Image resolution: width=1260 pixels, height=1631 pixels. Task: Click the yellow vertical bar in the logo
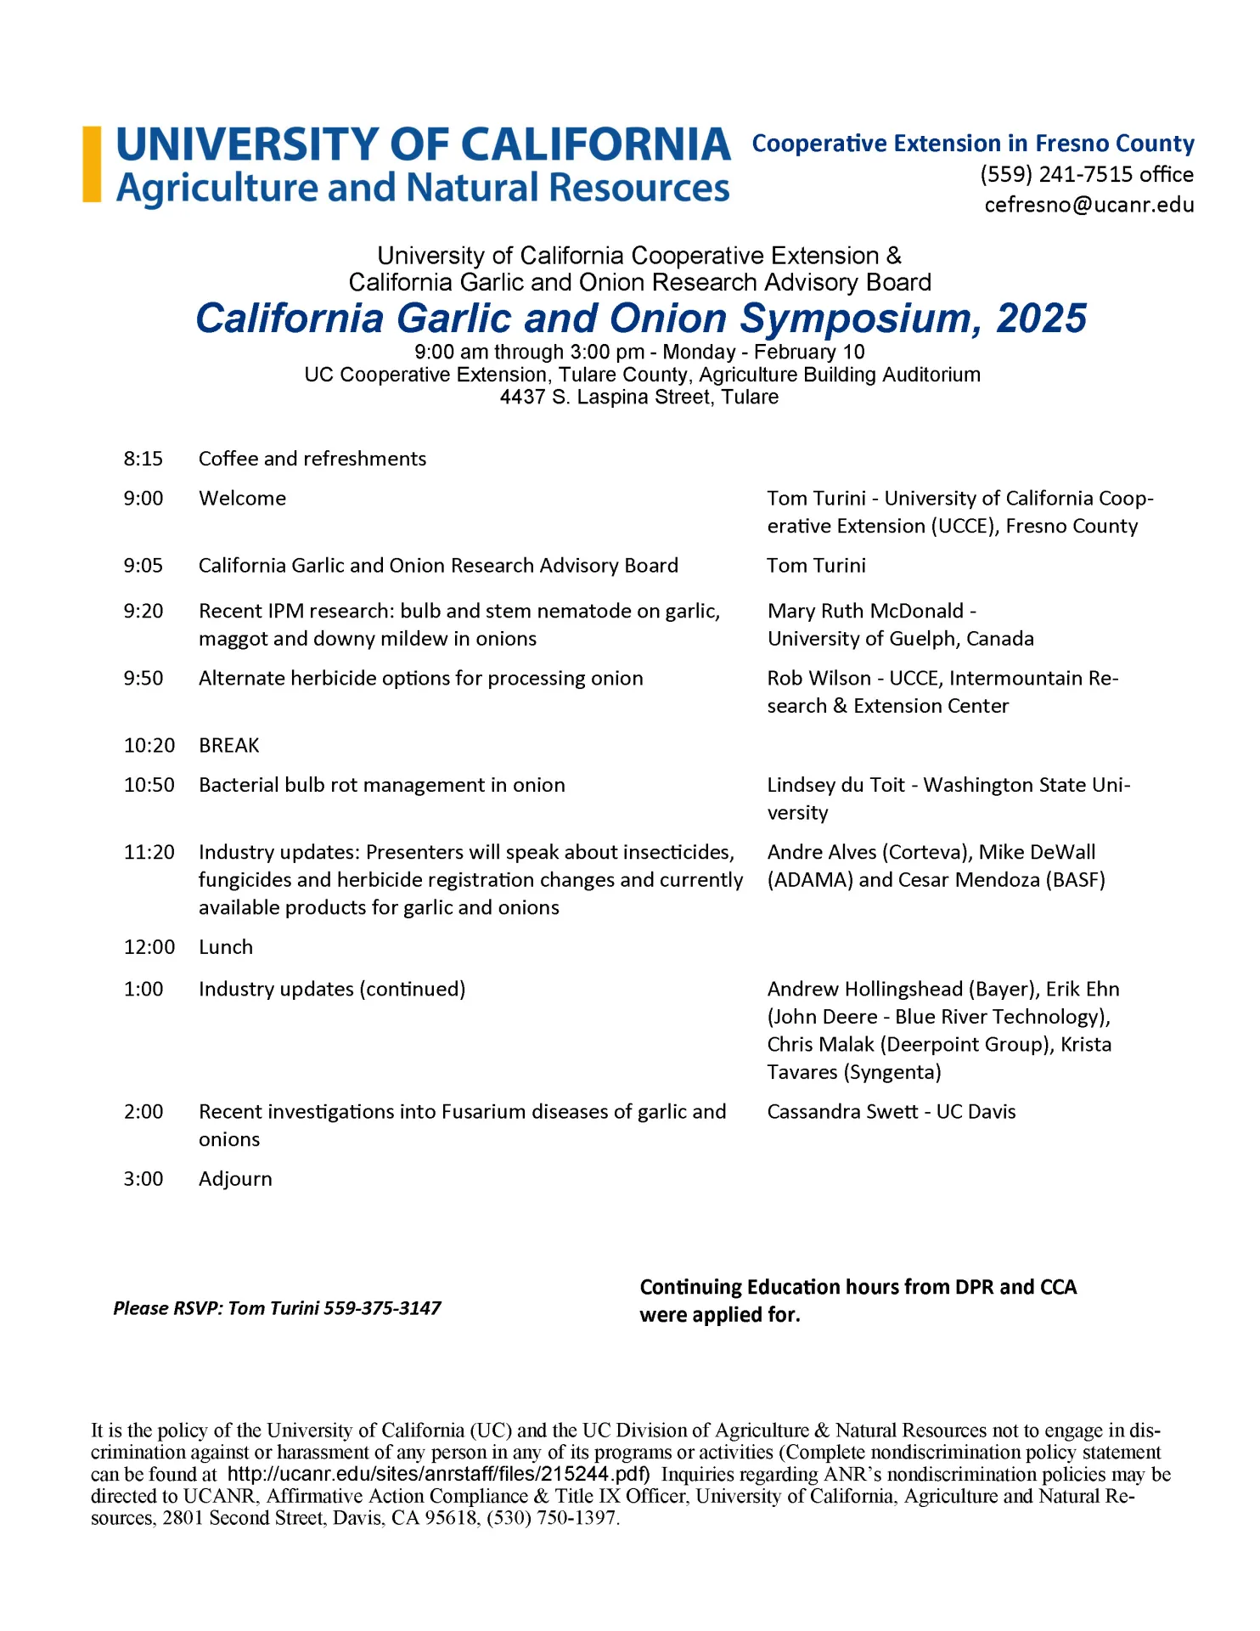(92, 164)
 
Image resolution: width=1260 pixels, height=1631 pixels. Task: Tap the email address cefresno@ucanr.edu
(1088, 205)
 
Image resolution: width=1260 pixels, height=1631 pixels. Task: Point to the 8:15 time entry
(143, 459)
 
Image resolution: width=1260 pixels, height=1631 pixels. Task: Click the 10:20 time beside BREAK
(149, 745)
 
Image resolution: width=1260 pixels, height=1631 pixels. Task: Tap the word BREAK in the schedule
(228, 745)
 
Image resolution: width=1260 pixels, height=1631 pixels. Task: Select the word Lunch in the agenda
(225, 947)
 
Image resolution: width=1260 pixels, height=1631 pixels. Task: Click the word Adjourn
(235, 1179)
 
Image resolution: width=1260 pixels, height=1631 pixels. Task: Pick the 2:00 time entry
(143, 1112)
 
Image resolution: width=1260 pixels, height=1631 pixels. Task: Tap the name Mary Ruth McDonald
(865, 611)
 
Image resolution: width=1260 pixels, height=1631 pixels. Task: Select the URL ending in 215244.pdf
(438, 1474)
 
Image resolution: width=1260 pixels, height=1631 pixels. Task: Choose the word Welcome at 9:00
(242, 499)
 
